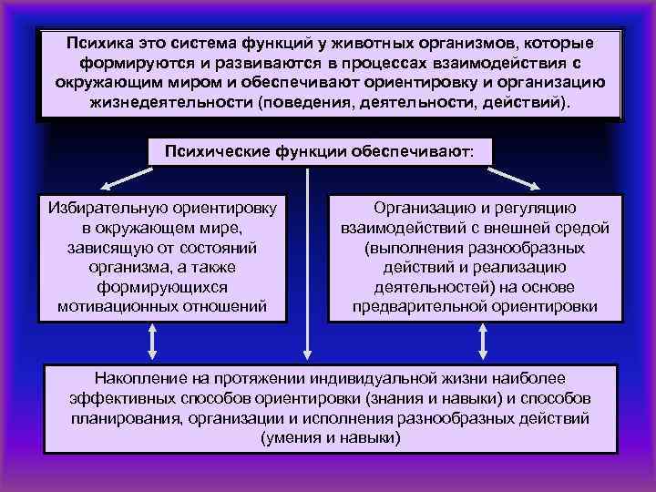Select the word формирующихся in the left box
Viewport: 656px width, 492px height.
click(162, 287)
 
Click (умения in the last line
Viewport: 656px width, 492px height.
click(288, 437)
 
